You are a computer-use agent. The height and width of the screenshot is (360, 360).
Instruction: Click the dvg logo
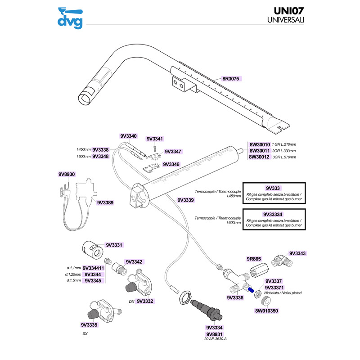coord(70,19)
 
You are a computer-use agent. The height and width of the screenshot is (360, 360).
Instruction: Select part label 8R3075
coord(232,78)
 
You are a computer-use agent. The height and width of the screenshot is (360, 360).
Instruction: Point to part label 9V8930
coord(67,174)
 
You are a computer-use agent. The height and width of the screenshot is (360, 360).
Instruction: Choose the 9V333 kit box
coord(274,193)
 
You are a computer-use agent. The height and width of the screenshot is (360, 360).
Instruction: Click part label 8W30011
coord(259,151)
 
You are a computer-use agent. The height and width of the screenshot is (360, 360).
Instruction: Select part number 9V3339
coord(186,200)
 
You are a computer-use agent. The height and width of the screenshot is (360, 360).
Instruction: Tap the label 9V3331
coord(114,245)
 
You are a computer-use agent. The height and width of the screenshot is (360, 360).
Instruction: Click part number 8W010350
coord(267,310)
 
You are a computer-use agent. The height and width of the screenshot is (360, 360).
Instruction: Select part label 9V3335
coord(90,324)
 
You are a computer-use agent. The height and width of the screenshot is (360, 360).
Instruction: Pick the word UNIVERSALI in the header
coord(284,21)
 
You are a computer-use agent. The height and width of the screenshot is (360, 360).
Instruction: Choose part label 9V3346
coord(171,165)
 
